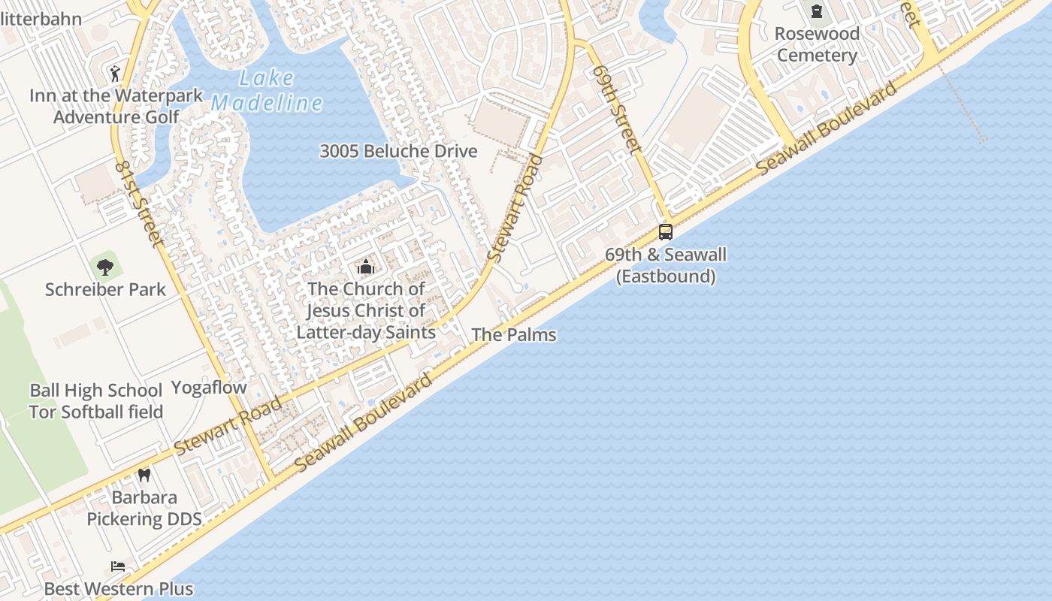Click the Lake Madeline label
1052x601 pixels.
(267, 90)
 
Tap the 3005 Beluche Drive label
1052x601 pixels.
(398, 151)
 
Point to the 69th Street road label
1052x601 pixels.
(616, 109)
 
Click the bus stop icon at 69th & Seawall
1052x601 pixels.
(666, 231)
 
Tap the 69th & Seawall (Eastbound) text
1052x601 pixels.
(666, 265)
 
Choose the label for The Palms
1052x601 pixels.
(514, 335)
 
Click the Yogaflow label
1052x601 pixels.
(209, 388)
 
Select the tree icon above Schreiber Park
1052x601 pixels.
(105, 266)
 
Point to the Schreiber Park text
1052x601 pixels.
(105, 290)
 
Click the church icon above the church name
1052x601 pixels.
(366, 267)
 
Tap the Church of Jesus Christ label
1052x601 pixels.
(366, 310)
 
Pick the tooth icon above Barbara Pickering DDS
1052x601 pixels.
(144, 475)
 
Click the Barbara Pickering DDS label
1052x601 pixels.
(144, 509)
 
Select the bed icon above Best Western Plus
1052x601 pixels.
(118, 566)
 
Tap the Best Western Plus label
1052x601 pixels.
(118, 589)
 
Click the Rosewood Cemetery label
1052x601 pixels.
(817, 44)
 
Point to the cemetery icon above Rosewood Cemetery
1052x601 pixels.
(817, 11)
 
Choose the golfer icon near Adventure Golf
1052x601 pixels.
(114, 73)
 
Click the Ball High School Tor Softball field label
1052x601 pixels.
(96, 401)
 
